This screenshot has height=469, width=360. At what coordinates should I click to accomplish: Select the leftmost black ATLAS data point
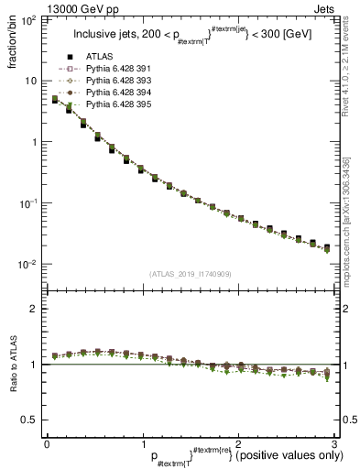tap(55, 100)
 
